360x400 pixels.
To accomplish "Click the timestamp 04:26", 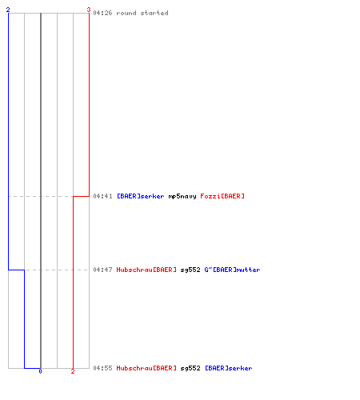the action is (x=102, y=13).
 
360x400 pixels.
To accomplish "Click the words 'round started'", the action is (x=142, y=13).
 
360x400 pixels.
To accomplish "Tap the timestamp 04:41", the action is (x=102, y=196).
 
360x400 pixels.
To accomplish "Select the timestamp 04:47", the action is (x=102, y=270).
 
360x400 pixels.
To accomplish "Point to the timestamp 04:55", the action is (x=102, y=368).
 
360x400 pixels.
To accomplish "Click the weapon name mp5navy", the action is (x=182, y=197).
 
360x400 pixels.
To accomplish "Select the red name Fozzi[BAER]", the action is (x=222, y=196).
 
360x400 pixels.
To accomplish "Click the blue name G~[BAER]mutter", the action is (x=232, y=270).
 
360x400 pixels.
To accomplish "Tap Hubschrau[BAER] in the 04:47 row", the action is (x=146, y=270).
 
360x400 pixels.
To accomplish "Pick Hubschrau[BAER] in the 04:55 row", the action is (x=146, y=368).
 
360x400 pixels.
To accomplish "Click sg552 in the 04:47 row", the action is (x=190, y=270).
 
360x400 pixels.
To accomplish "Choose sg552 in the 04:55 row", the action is (x=190, y=369).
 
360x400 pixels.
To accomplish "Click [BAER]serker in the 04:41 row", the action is (x=141, y=196).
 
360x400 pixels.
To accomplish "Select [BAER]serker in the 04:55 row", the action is (x=229, y=368).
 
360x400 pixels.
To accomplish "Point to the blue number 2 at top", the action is (x=8, y=10).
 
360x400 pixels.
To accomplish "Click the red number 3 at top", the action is (x=89, y=10).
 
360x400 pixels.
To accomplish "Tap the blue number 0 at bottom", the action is (x=40, y=371).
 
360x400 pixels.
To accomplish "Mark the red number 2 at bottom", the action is (x=73, y=371).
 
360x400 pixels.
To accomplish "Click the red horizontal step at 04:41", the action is (x=81, y=196).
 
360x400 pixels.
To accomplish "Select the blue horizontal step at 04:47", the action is (x=17, y=270).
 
